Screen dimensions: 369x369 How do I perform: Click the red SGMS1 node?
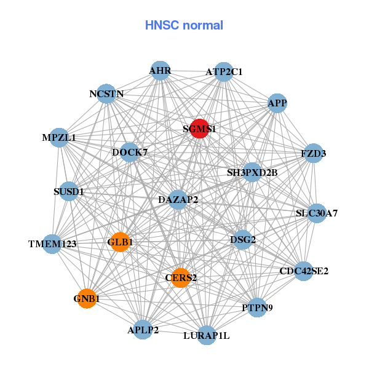[x=199, y=129]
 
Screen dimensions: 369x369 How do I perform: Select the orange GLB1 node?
[x=119, y=242]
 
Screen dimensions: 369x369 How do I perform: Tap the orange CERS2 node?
[x=180, y=278]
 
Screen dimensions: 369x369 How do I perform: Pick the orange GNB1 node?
[x=87, y=299]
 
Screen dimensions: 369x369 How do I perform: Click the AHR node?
[x=160, y=71]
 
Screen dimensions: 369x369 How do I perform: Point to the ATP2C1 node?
[x=224, y=72]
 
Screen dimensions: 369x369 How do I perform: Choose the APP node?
[x=277, y=103]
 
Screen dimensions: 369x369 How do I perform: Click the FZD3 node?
[x=314, y=154]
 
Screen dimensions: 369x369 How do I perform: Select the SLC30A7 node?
[x=317, y=213]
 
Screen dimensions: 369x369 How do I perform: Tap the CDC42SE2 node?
[x=304, y=271]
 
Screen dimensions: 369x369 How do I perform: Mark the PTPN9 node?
[x=258, y=307]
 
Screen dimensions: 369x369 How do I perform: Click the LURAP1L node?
[x=207, y=335]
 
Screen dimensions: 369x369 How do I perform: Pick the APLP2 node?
[x=143, y=330]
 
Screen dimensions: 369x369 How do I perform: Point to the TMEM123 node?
[x=53, y=244]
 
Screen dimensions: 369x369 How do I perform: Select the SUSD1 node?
[x=69, y=192]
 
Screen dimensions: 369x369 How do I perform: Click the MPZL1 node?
[x=59, y=138]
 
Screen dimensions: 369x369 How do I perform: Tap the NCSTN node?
[x=106, y=94]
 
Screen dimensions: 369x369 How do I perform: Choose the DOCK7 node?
[x=130, y=152]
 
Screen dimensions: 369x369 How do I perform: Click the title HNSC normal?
[x=184, y=25]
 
